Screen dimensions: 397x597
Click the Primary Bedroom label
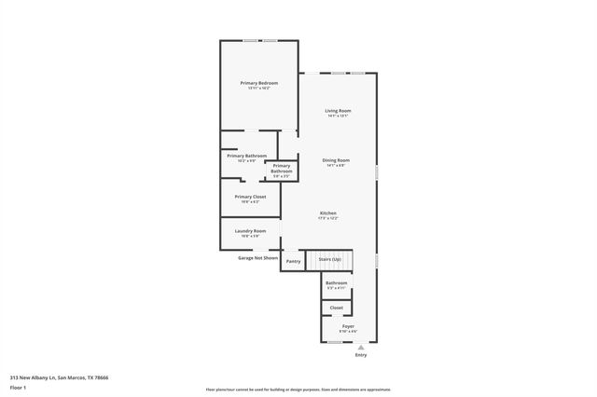[259, 83]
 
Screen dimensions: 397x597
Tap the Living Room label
[338, 111]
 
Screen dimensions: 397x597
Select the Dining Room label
[336, 159]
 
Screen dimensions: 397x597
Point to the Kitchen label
[328, 212]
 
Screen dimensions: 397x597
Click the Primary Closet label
[250, 197]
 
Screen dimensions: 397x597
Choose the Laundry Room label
[250, 230]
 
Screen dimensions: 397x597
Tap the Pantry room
[293, 261]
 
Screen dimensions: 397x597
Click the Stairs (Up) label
[330, 259]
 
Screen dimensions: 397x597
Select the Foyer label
[348, 326]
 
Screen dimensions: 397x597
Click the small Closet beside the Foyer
[336, 307]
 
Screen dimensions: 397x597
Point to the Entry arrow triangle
[361, 347]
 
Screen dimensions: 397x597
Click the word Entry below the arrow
[361, 355]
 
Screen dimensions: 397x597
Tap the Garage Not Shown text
[257, 257]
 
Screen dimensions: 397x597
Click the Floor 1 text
[19, 387]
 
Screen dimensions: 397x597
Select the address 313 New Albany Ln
[59, 377]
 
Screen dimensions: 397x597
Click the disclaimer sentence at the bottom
[298, 390]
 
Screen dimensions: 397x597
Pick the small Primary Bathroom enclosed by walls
[282, 170]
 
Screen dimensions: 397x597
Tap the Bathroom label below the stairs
[336, 282]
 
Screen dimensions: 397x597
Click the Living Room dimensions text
[338, 116]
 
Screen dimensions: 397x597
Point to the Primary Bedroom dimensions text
[259, 89]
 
